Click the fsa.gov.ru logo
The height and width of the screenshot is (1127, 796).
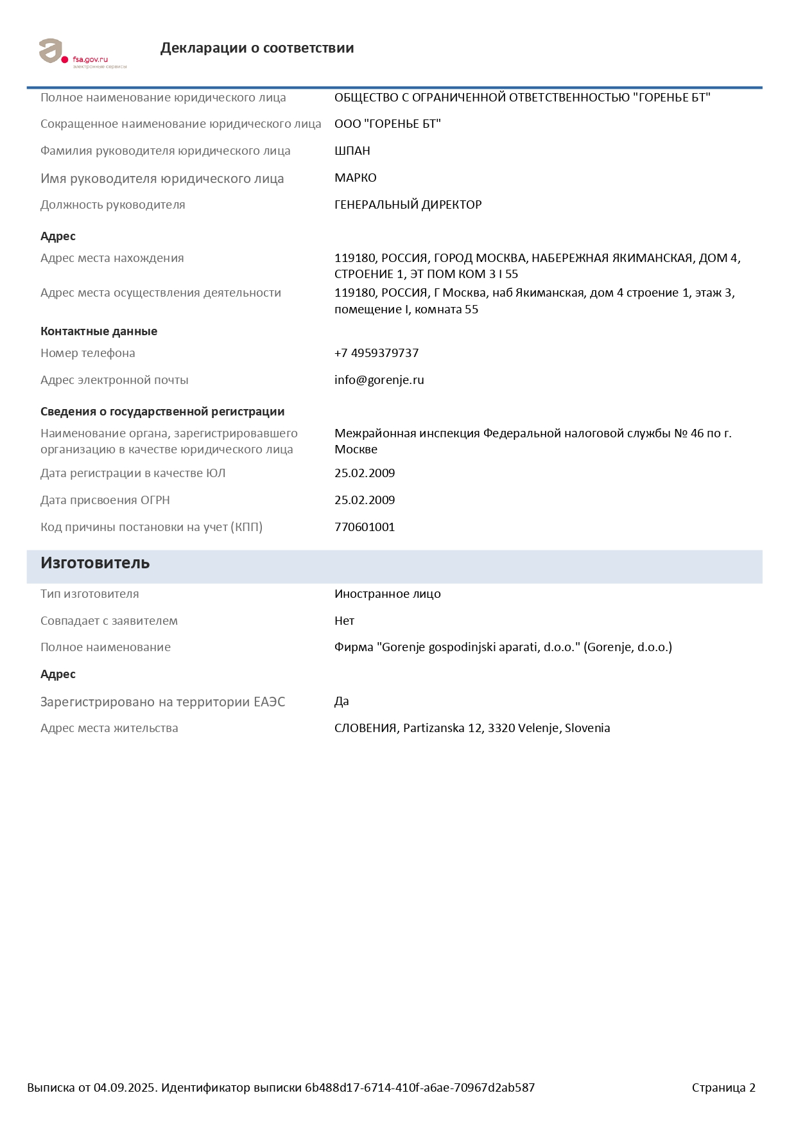click(x=82, y=53)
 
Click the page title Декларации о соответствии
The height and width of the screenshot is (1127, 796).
click(x=257, y=48)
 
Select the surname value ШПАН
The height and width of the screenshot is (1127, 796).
click(x=352, y=151)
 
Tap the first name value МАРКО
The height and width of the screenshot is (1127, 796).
click(x=355, y=178)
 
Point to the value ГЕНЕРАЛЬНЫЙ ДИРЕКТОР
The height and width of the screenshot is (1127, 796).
click(x=408, y=205)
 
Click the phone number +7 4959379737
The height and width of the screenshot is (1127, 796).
click(x=376, y=353)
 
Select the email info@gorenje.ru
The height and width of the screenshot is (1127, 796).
click(x=379, y=380)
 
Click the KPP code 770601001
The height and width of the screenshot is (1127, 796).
click(x=364, y=527)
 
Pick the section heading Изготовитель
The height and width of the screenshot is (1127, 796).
click(x=95, y=563)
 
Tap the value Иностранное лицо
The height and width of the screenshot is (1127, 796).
click(x=387, y=594)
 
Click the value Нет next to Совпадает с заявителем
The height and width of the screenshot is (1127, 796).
click(x=344, y=621)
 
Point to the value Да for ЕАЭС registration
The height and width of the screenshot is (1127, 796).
click(x=342, y=701)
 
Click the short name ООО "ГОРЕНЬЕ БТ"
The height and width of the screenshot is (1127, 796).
click(x=387, y=124)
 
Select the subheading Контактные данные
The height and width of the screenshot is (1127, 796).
click(x=99, y=331)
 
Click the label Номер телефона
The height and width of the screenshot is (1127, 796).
click(x=88, y=353)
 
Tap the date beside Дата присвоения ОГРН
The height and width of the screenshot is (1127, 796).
click(x=364, y=500)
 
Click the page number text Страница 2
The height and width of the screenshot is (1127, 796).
click(x=723, y=1088)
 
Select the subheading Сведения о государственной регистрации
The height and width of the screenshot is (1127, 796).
click(x=162, y=412)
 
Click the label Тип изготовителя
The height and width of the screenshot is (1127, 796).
click(x=90, y=594)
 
